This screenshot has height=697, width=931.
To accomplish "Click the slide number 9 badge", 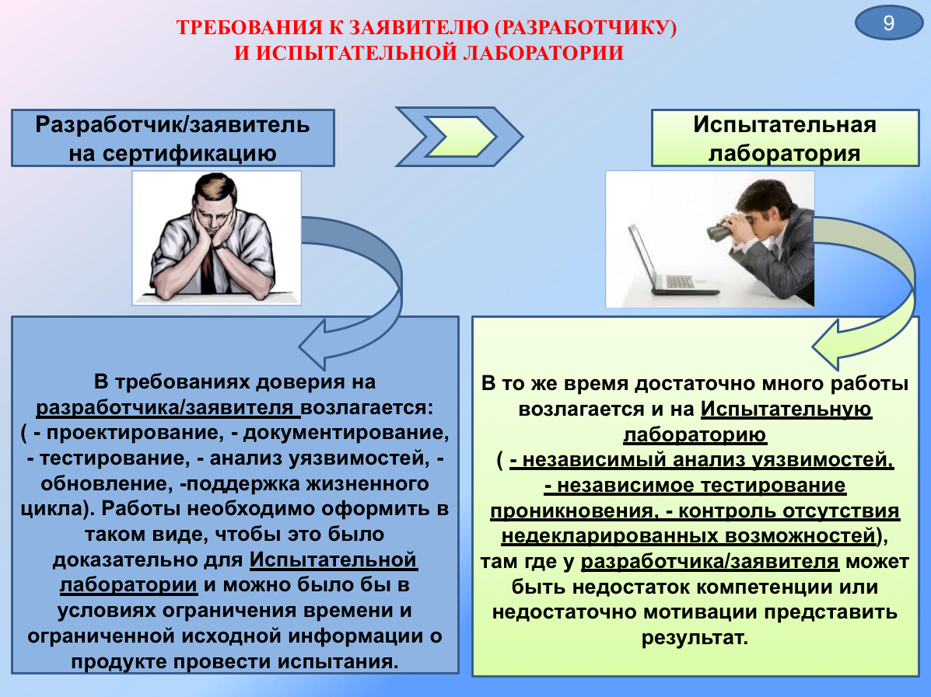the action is pos(888,23).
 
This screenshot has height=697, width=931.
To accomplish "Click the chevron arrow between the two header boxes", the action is pos(458,137).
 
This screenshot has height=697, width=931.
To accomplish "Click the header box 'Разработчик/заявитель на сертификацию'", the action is pos(173,138).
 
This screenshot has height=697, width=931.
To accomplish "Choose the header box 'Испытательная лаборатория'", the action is pos(785,138).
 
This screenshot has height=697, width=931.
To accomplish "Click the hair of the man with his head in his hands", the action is pos(215,186).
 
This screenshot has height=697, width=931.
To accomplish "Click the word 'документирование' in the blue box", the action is pos(345,433).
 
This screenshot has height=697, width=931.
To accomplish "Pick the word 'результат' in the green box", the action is pos(695,638).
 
